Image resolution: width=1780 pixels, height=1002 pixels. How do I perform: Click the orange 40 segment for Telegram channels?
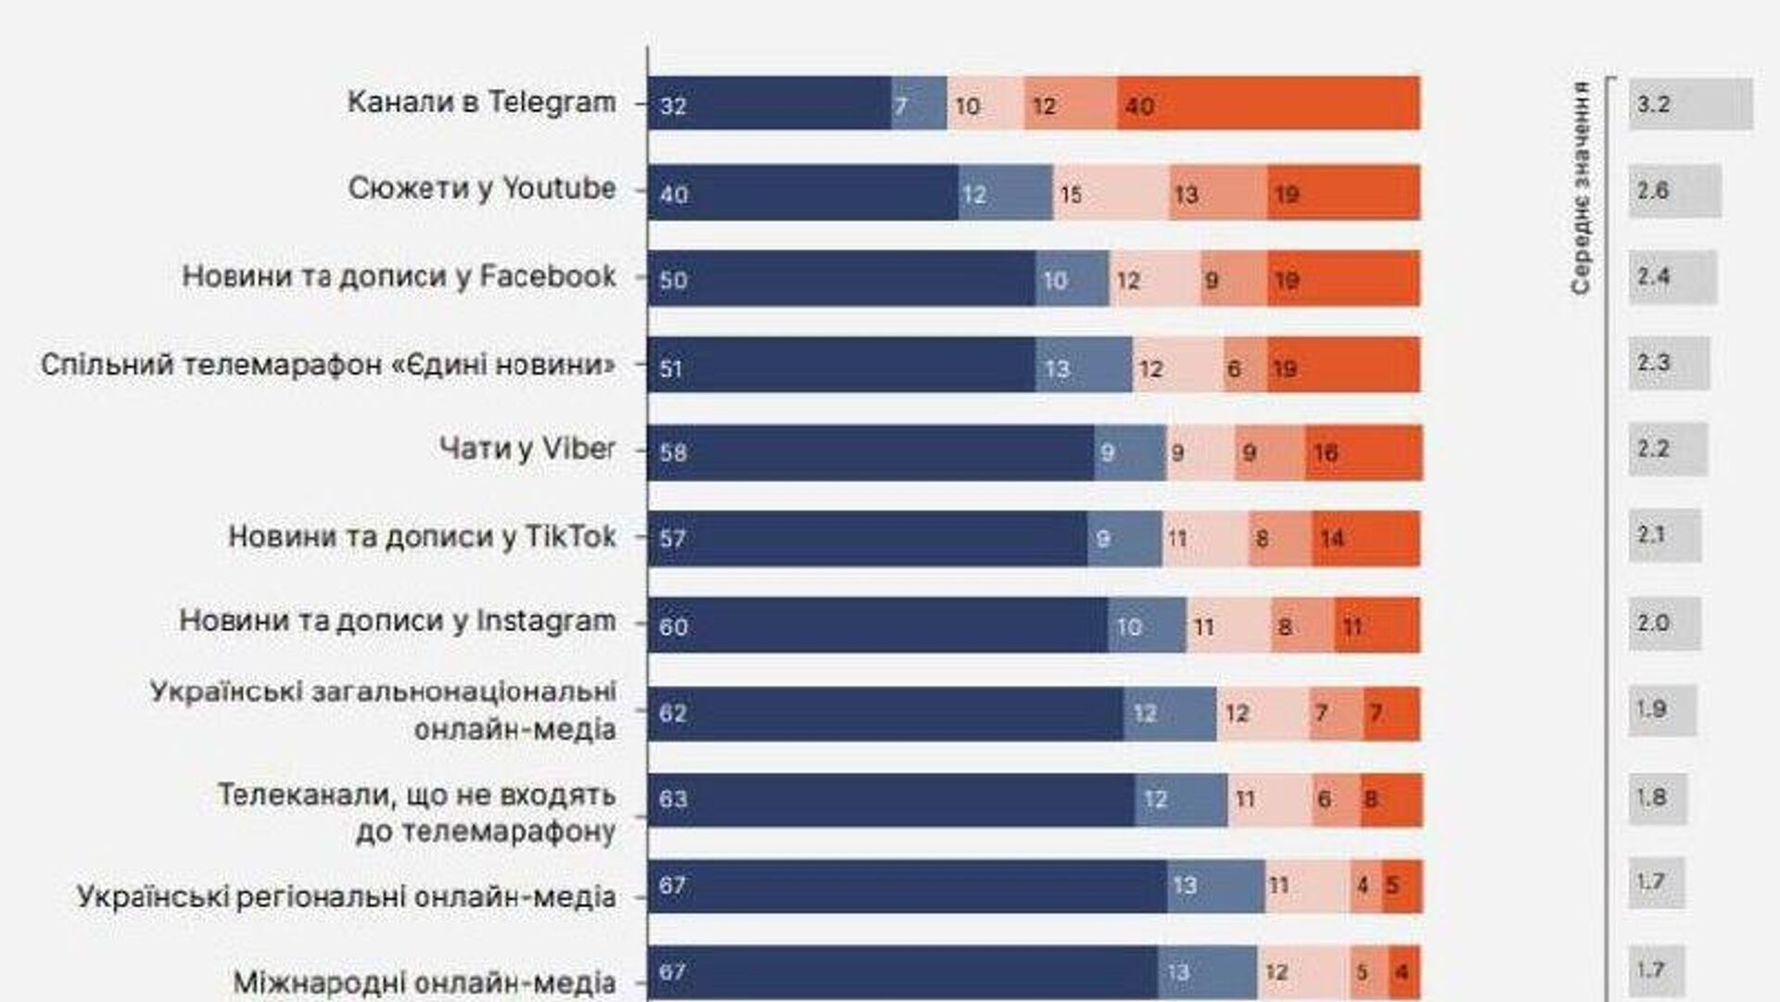[1268, 103]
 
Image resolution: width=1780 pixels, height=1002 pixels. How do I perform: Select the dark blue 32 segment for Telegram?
[769, 103]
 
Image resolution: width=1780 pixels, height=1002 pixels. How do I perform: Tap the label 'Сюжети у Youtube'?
[482, 188]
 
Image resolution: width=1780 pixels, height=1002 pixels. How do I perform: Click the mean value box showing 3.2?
[1690, 104]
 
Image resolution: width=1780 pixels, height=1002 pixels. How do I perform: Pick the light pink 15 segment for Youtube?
[1111, 193]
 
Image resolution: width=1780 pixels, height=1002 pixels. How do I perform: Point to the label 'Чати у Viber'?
[527, 449]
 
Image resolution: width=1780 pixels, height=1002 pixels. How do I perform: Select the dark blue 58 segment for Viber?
[871, 452]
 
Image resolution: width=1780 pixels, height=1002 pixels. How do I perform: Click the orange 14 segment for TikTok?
[1365, 539]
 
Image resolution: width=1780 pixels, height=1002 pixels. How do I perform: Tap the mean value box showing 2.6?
[1674, 191]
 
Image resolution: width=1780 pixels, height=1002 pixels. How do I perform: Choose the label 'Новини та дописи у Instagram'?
[398, 621]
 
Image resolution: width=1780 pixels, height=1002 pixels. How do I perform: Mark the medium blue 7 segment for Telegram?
[919, 103]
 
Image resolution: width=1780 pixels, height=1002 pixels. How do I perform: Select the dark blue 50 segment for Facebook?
[841, 278]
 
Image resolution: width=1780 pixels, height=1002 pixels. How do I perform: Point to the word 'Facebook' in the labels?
[548, 276]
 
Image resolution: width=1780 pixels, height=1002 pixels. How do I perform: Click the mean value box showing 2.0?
[1664, 623]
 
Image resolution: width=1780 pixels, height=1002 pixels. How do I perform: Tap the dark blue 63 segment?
[891, 799]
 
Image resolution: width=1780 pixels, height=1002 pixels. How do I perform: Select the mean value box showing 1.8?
[1658, 798]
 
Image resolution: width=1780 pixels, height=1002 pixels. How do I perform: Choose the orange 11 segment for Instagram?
[1377, 626]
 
